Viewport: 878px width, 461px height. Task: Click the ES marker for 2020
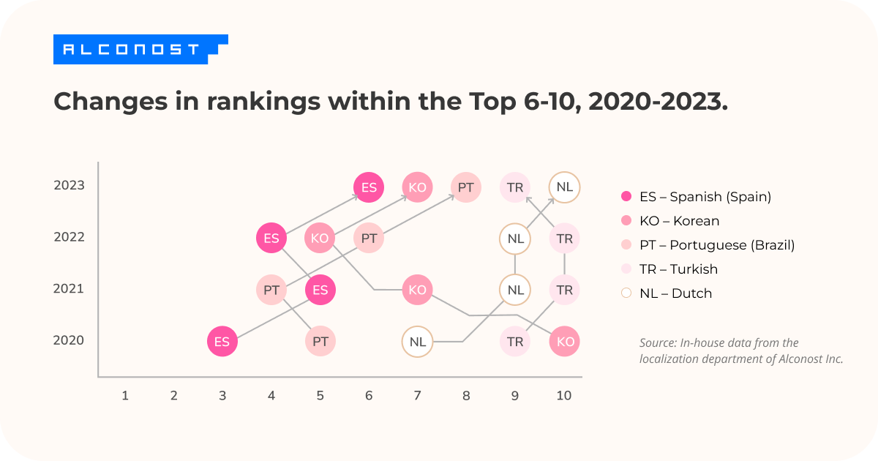coord(222,342)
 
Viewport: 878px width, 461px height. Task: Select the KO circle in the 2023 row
coord(418,187)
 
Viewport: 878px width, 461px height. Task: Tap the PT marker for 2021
coord(271,290)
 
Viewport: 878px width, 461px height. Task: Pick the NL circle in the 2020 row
coord(418,342)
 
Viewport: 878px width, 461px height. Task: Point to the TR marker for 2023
coord(515,187)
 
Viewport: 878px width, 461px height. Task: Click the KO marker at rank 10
coord(564,342)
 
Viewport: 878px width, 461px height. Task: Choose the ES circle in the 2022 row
coord(271,238)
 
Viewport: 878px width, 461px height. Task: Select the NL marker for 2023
coord(564,187)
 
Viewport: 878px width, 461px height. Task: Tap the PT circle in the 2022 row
coord(369,238)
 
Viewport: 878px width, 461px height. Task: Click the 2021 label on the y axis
coord(70,289)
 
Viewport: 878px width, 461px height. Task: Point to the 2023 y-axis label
coord(70,185)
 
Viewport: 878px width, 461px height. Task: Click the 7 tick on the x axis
coord(417,396)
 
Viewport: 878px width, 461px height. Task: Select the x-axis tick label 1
coord(125,396)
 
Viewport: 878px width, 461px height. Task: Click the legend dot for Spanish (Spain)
coord(626,197)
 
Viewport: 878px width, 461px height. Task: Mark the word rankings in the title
coord(253,102)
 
